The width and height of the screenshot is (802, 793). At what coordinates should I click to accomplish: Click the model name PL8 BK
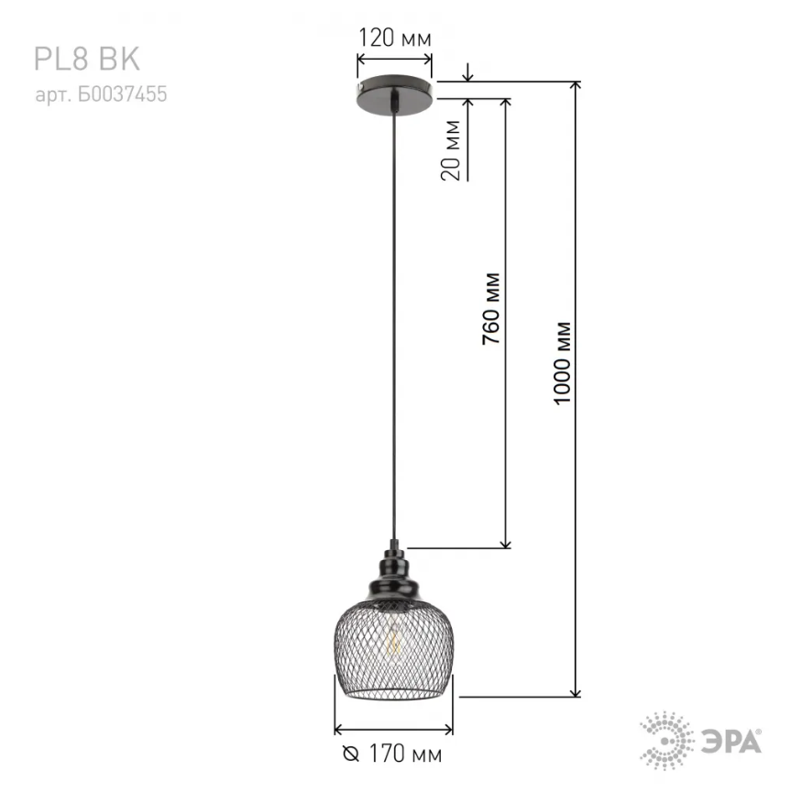(x=87, y=59)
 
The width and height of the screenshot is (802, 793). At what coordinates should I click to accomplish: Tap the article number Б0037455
(x=123, y=94)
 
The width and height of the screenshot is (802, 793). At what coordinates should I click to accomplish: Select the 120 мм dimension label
(x=394, y=39)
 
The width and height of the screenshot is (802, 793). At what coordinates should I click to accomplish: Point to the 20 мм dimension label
(x=451, y=150)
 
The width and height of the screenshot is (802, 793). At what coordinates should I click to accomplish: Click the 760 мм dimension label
(x=491, y=309)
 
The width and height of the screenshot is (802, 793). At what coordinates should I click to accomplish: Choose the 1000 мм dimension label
(x=562, y=364)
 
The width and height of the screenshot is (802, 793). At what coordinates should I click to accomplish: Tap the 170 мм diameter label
(x=405, y=754)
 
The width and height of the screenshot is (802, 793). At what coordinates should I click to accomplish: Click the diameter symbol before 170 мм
(x=351, y=754)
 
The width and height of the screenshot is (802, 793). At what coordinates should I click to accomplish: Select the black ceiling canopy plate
(x=395, y=95)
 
